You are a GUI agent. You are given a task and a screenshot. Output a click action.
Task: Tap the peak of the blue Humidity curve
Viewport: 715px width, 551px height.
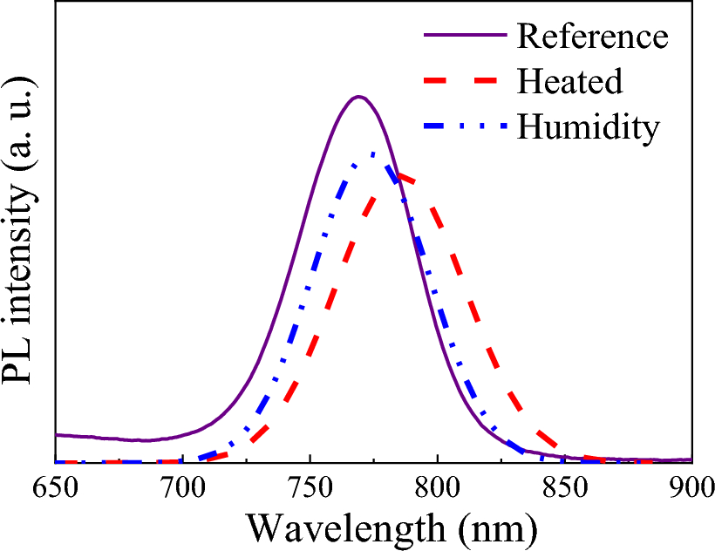coord(373,153)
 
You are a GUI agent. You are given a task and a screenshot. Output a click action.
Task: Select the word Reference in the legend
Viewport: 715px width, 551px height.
coord(592,37)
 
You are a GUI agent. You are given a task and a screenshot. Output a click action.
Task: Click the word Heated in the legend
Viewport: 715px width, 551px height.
coord(569,82)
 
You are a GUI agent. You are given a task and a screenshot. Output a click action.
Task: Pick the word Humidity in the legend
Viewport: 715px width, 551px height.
coord(588,127)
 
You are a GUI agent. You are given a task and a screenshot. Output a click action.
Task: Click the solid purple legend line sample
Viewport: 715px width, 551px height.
coord(465,37)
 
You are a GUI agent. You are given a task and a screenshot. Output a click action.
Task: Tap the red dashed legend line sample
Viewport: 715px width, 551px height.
coord(465,82)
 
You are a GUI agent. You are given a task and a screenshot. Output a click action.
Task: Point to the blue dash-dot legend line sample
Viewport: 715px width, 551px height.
coord(465,127)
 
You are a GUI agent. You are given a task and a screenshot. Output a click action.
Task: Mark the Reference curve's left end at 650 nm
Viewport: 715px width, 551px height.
coord(57,434)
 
